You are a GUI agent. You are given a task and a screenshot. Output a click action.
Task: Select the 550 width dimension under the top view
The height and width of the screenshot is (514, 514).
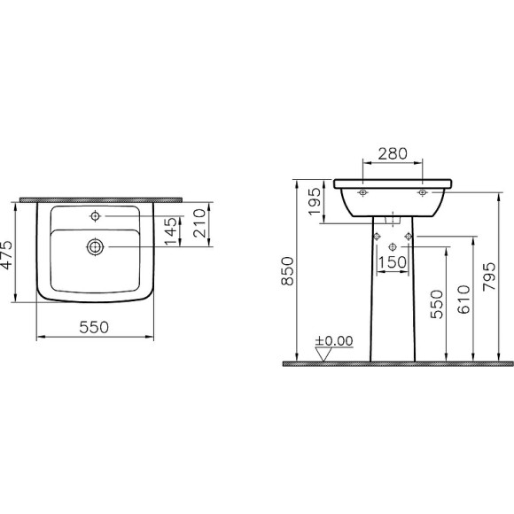(95, 327)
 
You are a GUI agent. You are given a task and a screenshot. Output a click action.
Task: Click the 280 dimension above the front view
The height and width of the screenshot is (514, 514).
(393, 153)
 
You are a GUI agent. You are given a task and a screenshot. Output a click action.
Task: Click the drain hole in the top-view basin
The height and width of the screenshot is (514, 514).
(94, 247)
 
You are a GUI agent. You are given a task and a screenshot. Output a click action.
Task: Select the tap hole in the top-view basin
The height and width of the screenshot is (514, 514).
(94, 216)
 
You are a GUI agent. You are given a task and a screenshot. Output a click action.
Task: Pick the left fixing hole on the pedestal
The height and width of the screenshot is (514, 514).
(378, 235)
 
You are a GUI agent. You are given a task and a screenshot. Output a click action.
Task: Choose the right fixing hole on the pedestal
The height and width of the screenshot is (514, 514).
(408, 235)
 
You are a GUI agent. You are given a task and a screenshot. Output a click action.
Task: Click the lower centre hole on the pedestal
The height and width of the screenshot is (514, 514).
(393, 245)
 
